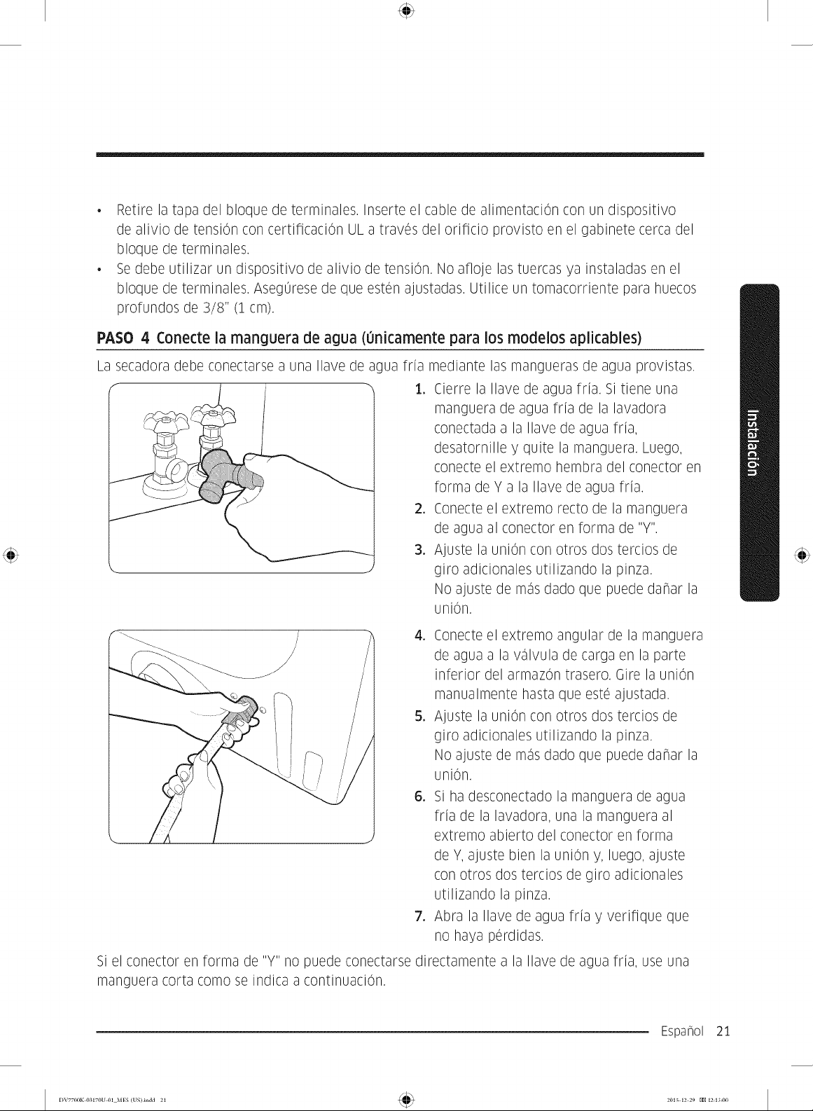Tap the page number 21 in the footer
pos(723,1031)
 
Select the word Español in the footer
pos(681,1031)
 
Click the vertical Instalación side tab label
pos(753,443)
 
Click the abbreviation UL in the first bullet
pos(356,230)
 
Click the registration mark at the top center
pos(406,11)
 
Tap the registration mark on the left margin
pos(11,555)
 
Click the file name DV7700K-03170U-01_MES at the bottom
pos(88,1100)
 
